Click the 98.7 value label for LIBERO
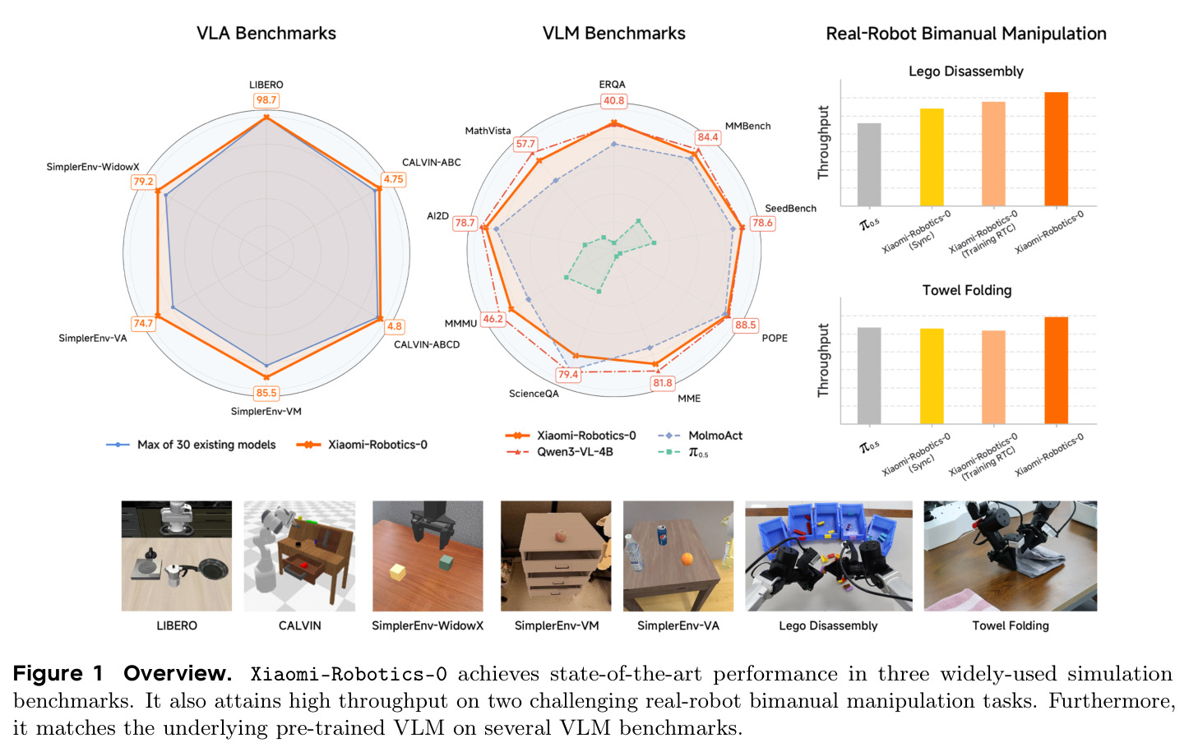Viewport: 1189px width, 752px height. [266, 99]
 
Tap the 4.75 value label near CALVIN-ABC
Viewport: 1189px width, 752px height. [393, 179]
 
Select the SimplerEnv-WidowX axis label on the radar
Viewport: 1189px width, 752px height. [93, 167]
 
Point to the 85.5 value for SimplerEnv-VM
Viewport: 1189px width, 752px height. [266, 393]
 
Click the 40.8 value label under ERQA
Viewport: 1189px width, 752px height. [613, 101]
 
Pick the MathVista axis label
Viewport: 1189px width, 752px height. [488, 131]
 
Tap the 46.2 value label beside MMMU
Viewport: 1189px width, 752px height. [493, 319]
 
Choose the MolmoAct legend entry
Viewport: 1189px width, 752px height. [700, 436]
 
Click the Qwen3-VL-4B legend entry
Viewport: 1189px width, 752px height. [559, 452]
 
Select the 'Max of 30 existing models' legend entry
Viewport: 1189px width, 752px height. [191, 445]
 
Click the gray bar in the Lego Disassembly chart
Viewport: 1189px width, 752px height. [869, 164]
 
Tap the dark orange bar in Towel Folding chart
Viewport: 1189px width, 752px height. [1056, 371]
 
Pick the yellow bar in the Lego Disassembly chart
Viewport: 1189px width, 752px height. [932, 157]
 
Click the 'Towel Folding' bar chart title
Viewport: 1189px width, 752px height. [967, 290]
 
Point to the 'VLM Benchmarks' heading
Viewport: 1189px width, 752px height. [613, 34]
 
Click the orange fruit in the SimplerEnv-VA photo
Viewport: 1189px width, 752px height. [687, 560]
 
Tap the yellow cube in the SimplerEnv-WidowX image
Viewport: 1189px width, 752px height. [398, 572]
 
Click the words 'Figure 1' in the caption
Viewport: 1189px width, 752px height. [58, 673]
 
